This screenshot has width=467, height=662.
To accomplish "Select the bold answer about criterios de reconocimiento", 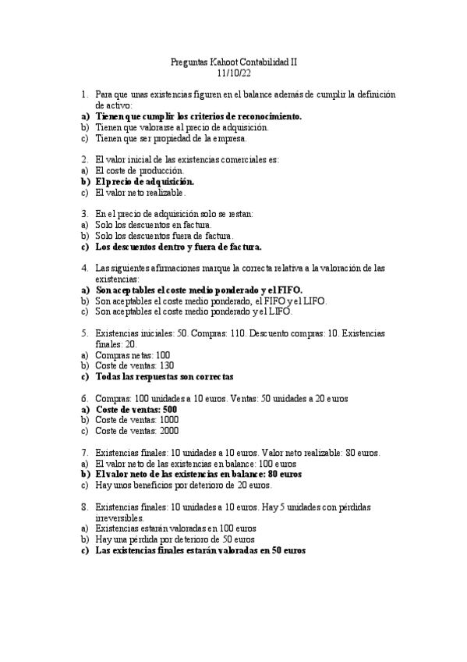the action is [x=198, y=116].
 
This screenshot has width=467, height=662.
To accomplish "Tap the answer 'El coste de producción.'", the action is [x=140, y=170].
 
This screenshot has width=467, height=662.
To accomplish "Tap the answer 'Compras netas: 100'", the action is [x=129, y=354].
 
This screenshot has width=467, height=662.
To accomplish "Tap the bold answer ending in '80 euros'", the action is [x=198, y=474].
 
